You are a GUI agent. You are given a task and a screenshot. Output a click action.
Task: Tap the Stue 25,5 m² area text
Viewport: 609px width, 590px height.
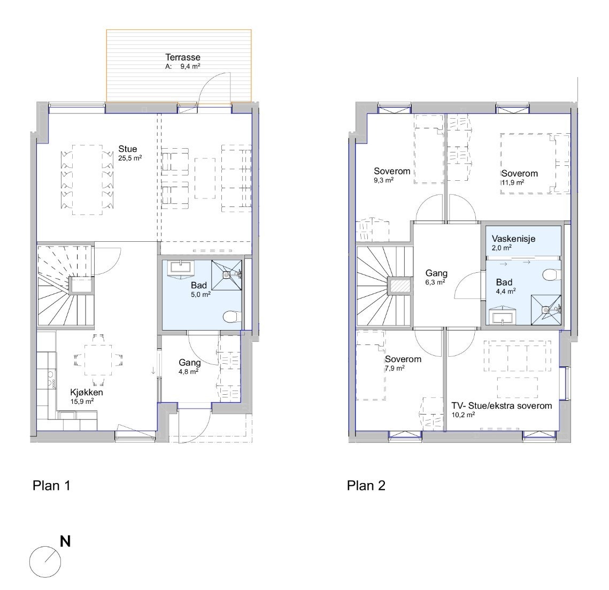(x=130, y=158)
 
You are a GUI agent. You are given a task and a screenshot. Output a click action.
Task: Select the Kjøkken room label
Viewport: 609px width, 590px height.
(x=86, y=392)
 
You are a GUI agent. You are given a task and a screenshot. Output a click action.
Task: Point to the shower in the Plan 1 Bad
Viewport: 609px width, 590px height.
(x=226, y=274)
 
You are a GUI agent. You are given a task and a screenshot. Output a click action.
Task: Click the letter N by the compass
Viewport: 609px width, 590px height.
(x=65, y=541)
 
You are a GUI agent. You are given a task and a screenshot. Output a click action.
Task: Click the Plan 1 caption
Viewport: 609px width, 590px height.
(x=51, y=486)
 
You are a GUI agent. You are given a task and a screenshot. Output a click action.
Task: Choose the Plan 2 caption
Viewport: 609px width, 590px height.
(x=366, y=486)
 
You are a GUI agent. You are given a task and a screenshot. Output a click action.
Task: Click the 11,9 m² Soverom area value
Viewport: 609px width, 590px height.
(x=512, y=182)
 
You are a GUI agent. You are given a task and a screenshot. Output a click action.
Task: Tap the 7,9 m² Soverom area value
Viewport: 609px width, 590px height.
(x=395, y=368)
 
